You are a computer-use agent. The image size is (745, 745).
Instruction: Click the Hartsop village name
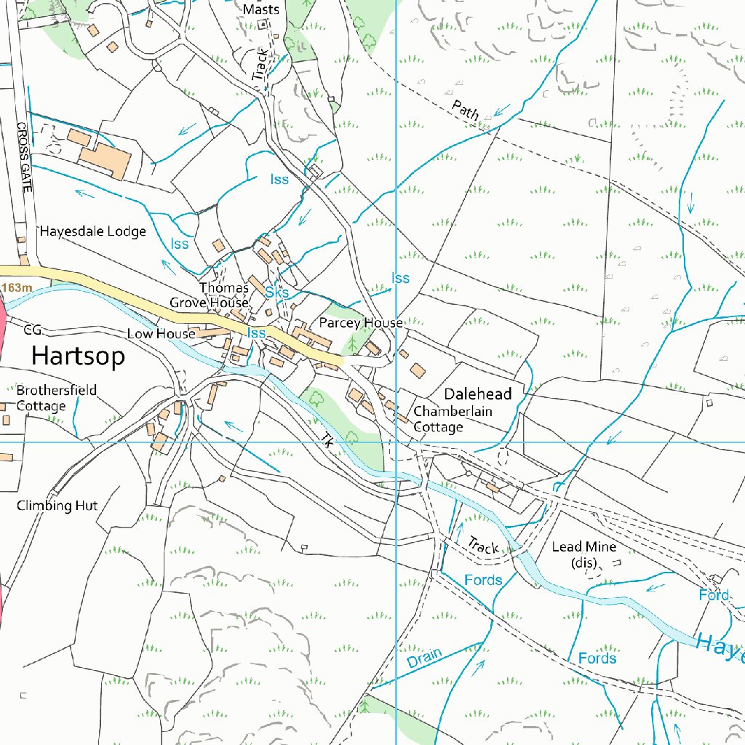78,356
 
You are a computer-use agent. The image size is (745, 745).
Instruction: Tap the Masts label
261,9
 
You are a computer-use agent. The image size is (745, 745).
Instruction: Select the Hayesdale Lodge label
93,231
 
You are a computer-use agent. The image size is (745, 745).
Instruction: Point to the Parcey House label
361,322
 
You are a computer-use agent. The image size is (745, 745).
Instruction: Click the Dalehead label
478,394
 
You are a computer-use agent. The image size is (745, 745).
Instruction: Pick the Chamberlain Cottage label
453,419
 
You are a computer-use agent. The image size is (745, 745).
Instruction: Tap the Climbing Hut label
57,505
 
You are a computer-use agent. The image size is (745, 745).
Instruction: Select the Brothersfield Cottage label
57,398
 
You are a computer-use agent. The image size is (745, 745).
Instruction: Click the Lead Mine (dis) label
583,554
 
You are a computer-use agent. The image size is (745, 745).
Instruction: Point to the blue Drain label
424,658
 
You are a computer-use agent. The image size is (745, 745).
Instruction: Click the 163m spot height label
17,288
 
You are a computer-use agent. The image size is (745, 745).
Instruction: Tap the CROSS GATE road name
25,156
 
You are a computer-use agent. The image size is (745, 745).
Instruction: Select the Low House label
161,333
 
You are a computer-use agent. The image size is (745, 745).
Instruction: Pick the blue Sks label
277,292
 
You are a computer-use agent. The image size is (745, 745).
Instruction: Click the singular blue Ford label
713,595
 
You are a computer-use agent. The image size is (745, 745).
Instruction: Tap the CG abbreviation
33,330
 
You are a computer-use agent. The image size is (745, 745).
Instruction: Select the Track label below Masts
259,65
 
